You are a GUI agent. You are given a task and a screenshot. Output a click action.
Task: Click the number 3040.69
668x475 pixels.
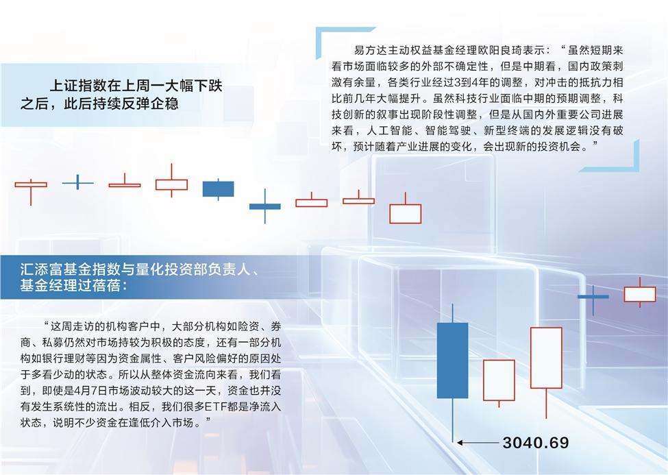[535, 443]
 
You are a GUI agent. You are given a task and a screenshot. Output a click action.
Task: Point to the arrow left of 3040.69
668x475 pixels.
[478, 443]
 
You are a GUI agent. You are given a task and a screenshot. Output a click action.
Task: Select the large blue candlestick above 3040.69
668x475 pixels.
[452, 360]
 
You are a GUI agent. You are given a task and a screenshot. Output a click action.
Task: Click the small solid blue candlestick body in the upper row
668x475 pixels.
[218, 188]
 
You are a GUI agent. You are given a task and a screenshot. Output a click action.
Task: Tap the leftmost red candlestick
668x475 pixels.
[31, 184]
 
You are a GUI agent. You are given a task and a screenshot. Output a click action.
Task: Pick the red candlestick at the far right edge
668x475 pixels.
[639, 294]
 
